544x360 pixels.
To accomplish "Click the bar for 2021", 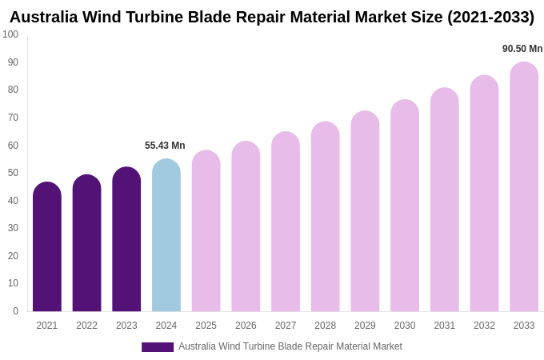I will point(47,248).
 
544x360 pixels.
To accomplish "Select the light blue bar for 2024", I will point(166,236).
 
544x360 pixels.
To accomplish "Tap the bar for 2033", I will point(524,188).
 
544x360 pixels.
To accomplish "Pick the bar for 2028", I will point(326,218).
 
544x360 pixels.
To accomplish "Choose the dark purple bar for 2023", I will point(126,240).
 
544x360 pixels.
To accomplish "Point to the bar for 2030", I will point(405,206).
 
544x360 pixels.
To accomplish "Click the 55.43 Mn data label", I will point(165,146).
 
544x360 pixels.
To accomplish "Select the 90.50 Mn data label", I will point(522,49).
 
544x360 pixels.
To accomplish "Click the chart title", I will point(272,17).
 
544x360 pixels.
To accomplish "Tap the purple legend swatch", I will point(158,347).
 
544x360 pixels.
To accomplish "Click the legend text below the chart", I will point(290,346).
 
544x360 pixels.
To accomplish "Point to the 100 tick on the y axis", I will point(10,34).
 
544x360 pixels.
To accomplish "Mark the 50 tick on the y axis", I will point(13,173).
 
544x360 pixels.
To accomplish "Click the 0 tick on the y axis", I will point(15,311).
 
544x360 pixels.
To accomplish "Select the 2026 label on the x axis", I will point(246,326).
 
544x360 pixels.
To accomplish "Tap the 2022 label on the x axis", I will point(86,326).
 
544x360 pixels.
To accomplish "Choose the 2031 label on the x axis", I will point(445,326).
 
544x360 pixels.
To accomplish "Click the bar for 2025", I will point(206,232).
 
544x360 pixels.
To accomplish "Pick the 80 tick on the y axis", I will point(13,90).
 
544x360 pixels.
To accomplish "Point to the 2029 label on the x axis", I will point(365,326).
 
